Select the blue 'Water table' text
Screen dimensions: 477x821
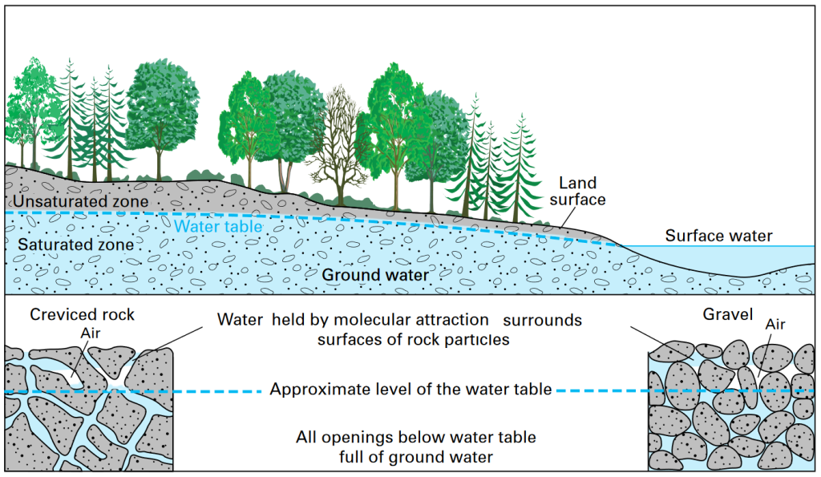[x=218, y=227]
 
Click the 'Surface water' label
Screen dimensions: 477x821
[x=718, y=236]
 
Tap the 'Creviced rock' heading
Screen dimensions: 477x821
[x=82, y=315]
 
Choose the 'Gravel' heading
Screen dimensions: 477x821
[x=726, y=315]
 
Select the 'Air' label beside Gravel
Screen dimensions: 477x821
[x=774, y=325]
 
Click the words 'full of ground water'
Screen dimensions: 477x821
[x=415, y=457]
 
